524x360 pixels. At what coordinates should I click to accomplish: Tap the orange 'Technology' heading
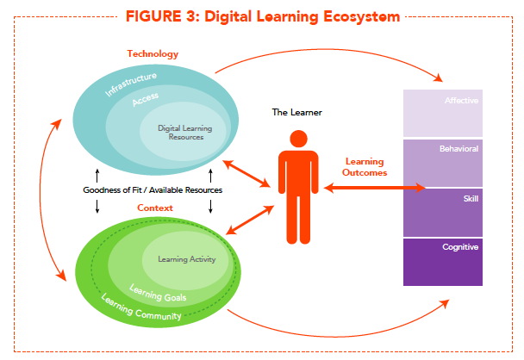click(153, 53)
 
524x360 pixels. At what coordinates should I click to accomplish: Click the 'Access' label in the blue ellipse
click(145, 101)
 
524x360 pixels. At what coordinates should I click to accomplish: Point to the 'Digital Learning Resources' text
click(184, 133)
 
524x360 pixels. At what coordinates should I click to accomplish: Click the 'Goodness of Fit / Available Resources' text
click(152, 189)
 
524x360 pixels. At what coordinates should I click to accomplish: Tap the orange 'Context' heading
click(156, 208)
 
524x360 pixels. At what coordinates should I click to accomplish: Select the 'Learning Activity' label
click(186, 258)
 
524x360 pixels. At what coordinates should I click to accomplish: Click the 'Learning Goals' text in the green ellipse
click(157, 293)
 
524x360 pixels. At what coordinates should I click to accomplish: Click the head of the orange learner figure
click(299, 138)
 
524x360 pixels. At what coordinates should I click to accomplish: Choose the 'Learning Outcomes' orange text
click(365, 166)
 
